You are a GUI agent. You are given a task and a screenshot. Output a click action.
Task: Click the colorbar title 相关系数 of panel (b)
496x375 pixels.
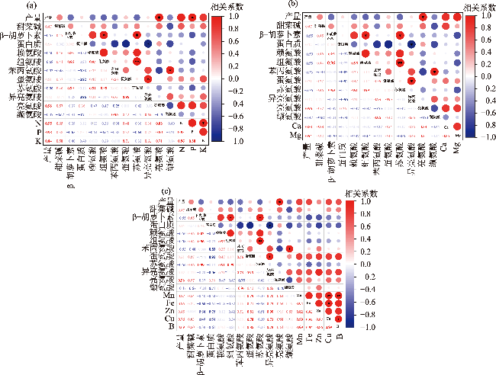pos(479,6)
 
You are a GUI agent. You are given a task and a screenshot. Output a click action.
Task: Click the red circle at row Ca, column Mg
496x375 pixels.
pos(456,127)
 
